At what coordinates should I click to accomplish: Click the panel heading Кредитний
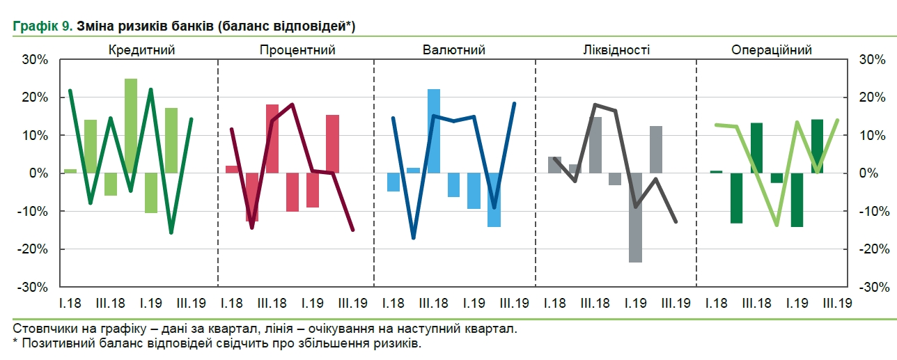[x=141, y=50]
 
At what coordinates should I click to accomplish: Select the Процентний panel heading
[x=297, y=50]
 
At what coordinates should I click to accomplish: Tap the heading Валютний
[x=454, y=50]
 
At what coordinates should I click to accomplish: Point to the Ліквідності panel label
[x=616, y=50]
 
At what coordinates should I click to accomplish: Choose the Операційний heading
[x=772, y=50]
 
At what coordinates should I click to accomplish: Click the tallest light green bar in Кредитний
[x=131, y=125]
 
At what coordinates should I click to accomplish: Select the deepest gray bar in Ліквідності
[x=635, y=217]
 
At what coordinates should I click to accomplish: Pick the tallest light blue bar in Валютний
[x=434, y=131]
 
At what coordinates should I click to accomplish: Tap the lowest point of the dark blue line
[x=414, y=238]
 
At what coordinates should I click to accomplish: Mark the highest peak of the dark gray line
[x=595, y=104]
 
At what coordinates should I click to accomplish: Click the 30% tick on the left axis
[x=34, y=60]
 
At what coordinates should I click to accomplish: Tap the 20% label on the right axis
[x=872, y=97]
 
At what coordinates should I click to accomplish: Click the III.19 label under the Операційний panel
[x=837, y=304]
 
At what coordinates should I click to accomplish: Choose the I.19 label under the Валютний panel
[x=474, y=304]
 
